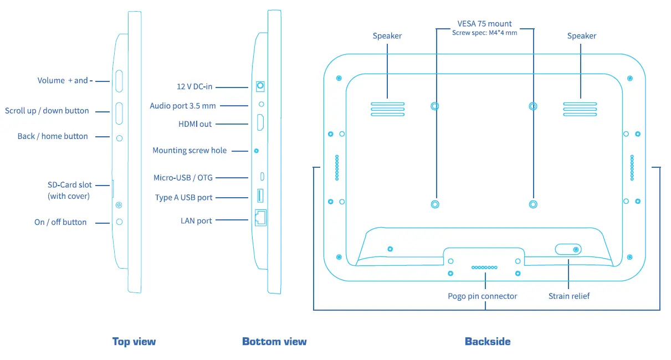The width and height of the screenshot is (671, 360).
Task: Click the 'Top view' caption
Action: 134,342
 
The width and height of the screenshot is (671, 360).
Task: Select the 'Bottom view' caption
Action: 274,342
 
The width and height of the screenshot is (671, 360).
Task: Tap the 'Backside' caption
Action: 488,342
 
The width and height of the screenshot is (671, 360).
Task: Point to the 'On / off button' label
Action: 60,222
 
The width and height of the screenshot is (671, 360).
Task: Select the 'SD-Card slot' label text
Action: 69,185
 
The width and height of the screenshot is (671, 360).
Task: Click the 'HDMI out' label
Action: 195,124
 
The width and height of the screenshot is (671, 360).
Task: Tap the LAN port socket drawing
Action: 260,218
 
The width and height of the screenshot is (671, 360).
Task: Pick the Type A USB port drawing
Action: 260,196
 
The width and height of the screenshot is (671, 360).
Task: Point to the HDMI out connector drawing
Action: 260,122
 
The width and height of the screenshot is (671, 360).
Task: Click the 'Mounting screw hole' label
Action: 189,151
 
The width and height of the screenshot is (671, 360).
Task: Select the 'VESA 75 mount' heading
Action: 484,24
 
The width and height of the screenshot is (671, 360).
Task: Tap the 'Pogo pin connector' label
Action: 482,296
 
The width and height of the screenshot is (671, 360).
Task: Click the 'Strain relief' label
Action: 568,296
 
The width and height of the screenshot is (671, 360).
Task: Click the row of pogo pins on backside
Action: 484,268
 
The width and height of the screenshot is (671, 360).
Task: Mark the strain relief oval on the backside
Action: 568,249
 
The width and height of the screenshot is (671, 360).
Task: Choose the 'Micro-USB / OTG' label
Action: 183,178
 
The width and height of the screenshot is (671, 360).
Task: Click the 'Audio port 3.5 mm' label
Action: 183,106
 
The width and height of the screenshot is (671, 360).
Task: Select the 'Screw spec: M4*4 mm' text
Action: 484,33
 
